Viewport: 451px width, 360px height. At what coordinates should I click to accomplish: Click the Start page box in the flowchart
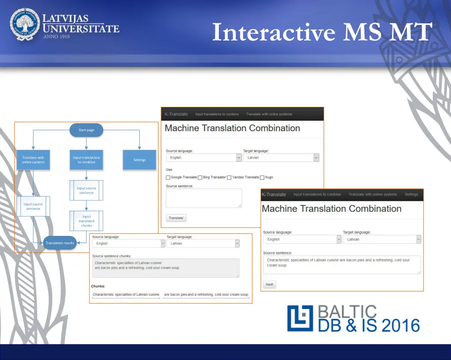[86, 130]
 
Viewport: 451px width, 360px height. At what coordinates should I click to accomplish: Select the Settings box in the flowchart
[140, 160]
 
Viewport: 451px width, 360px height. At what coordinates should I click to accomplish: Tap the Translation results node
[60, 243]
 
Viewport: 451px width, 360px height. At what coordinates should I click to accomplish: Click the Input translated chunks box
[86, 221]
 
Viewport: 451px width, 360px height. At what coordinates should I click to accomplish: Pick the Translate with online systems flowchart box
[33, 160]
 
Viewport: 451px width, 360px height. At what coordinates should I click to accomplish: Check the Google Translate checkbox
[168, 177]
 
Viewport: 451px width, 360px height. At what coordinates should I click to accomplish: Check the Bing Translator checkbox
[200, 177]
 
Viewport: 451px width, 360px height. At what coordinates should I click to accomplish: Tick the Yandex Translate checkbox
[229, 177]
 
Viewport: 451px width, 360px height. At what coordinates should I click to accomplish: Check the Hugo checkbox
[262, 177]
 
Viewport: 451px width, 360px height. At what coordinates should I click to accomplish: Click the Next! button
[270, 284]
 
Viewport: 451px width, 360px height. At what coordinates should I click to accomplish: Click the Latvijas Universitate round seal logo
[25, 25]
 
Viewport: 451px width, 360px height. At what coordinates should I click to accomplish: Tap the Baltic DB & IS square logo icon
[300, 318]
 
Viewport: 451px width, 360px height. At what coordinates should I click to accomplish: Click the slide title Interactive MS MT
[322, 32]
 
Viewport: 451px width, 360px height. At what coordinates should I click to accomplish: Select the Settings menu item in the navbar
[411, 195]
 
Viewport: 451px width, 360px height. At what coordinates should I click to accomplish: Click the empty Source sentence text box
[204, 198]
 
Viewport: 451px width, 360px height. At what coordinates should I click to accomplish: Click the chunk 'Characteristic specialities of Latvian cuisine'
[126, 294]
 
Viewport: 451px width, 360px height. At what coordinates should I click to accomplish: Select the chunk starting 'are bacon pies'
[206, 294]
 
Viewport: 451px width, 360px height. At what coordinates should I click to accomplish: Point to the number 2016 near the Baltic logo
[400, 326]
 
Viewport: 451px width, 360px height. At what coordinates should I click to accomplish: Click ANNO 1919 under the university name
[56, 37]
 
